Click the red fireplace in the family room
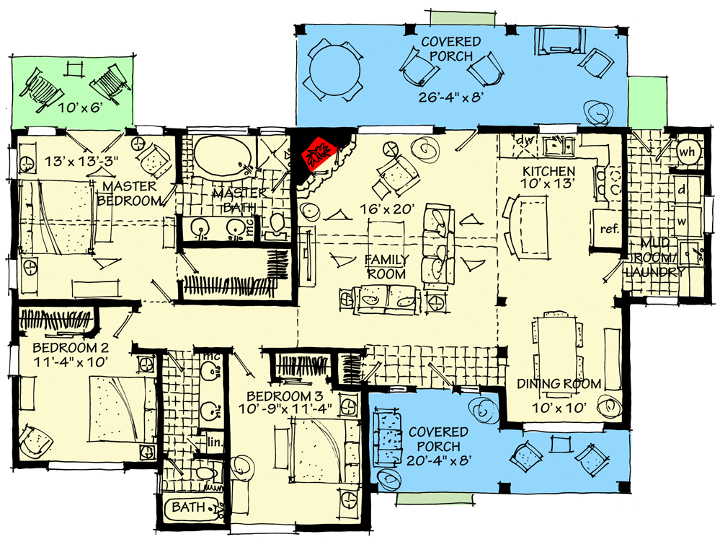point(319,154)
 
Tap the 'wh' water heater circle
point(687,151)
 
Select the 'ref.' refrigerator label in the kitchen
point(610,229)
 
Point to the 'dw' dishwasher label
point(523,140)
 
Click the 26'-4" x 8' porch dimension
point(450,97)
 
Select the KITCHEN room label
point(548,172)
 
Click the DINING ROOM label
point(559,384)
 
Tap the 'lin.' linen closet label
point(215,442)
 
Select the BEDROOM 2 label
point(71,347)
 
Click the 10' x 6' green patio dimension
point(80,108)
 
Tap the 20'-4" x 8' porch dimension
point(438,460)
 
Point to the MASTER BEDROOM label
point(130,193)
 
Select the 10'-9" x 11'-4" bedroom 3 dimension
point(285,408)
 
